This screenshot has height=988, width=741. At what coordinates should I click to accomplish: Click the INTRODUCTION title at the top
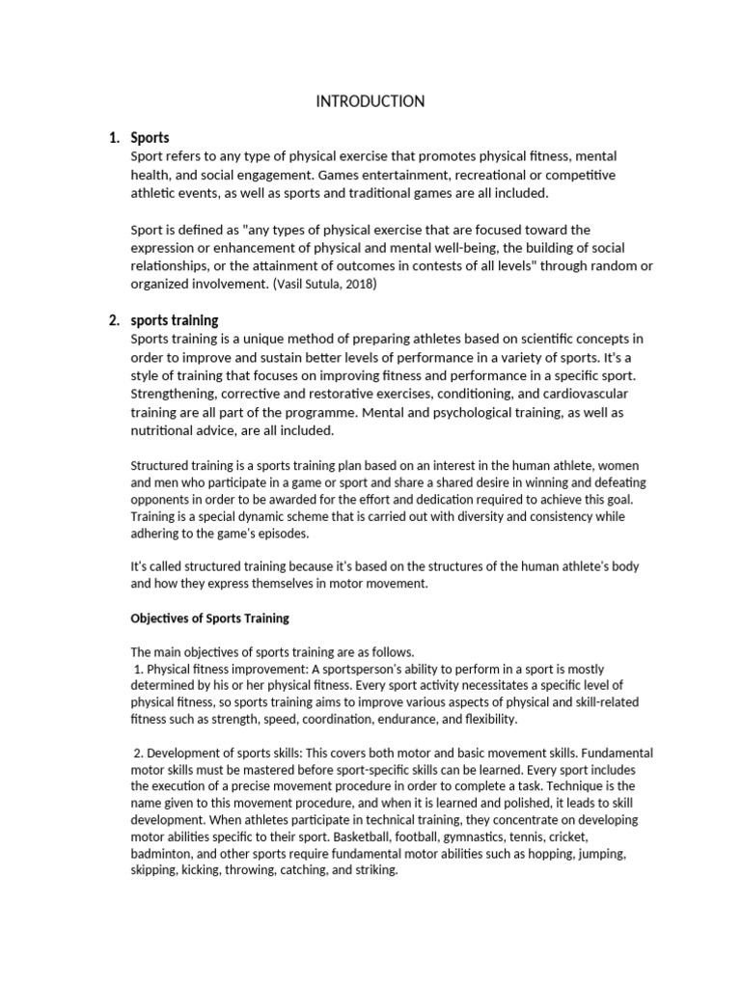point(370,101)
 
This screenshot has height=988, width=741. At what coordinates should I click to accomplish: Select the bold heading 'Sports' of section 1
point(150,138)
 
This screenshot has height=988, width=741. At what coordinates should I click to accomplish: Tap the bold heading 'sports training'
point(175,320)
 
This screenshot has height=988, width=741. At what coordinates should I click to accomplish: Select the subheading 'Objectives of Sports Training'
point(209,617)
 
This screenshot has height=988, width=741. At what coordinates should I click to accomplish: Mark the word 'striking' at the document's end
point(373,870)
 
